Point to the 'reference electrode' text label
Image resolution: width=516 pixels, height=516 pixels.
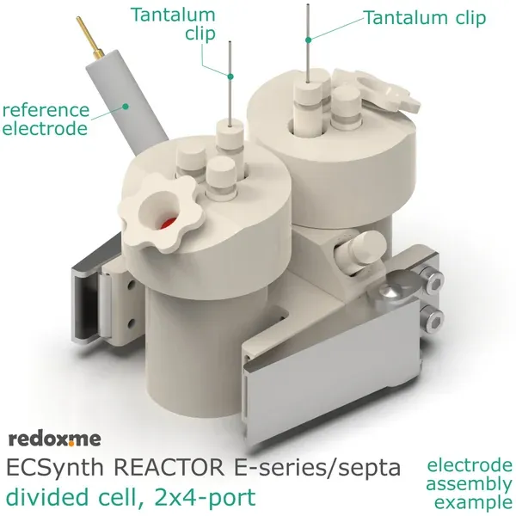tap(45, 120)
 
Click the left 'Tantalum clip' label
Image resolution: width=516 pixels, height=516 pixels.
tap(173, 23)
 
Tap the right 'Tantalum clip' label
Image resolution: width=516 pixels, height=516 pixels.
tap(424, 17)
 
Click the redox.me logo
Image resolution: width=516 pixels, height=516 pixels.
tap(54, 439)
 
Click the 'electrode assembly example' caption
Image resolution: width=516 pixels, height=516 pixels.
tap(470, 483)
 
